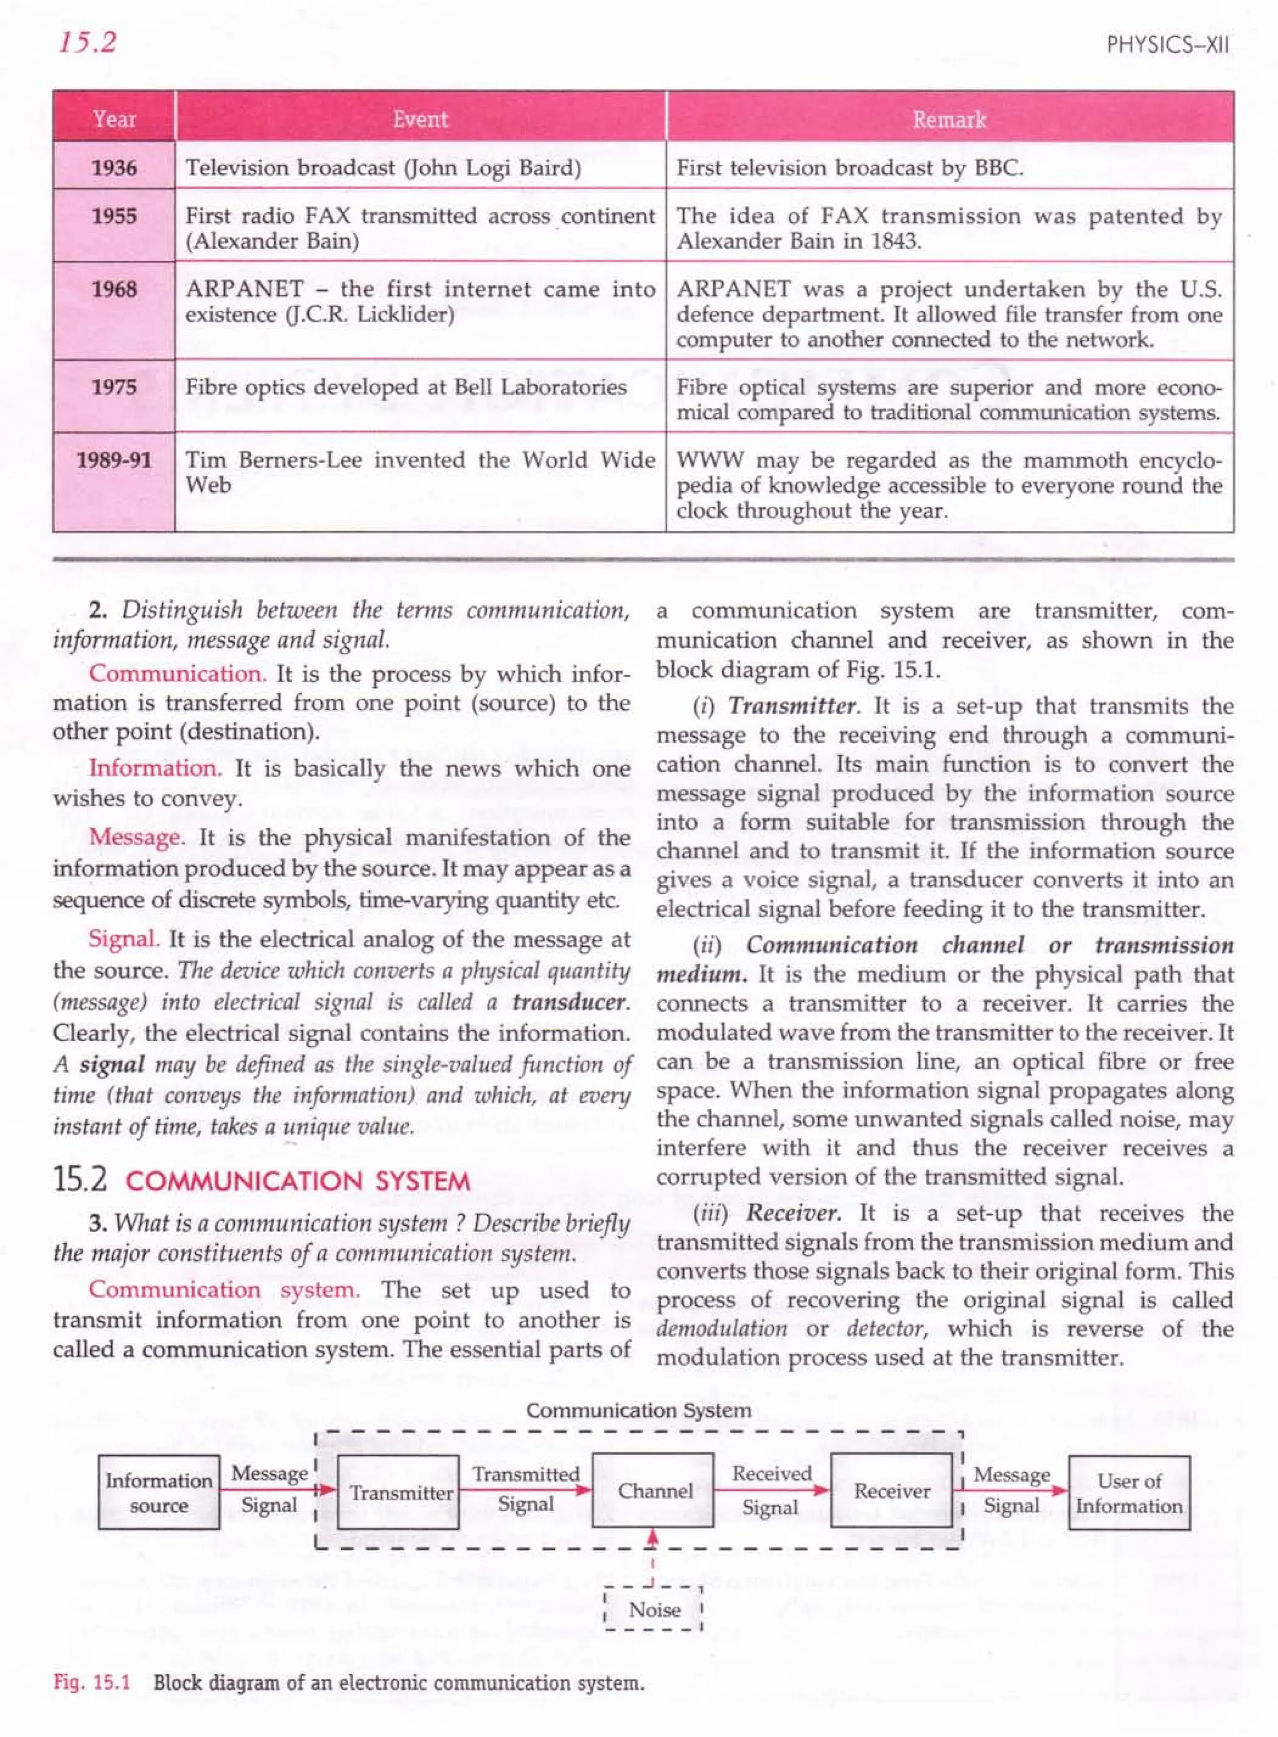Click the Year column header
pyautogui.click(x=114, y=119)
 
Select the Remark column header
pyautogui.click(x=949, y=119)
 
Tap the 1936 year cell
pyautogui.click(x=114, y=168)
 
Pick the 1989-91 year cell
pyautogui.click(x=114, y=461)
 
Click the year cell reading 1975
pyautogui.click(x=114, y=387)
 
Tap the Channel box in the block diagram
pyautogui.click(x=654, y=1491)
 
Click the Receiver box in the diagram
pyautogui.click(x=891, y=1491)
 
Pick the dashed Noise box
pyautogui.click(x=654, y=1608)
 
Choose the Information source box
pyautogui.click(x=159, y=1492)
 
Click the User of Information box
pyautogui.click(x=1129, y=1492)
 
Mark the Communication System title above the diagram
pyautogui.click(x=638, y=1410)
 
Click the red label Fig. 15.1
pyautogui.click(x=91, y=1682)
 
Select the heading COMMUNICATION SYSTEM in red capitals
pyautogui.click(x=298, y=1182)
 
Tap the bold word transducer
pyautogui.click(x=571, y=1002)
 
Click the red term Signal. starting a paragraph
pyautogui.click(x=124, y=939)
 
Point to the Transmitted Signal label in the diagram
pyautogui.click(x=526, y=1489)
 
